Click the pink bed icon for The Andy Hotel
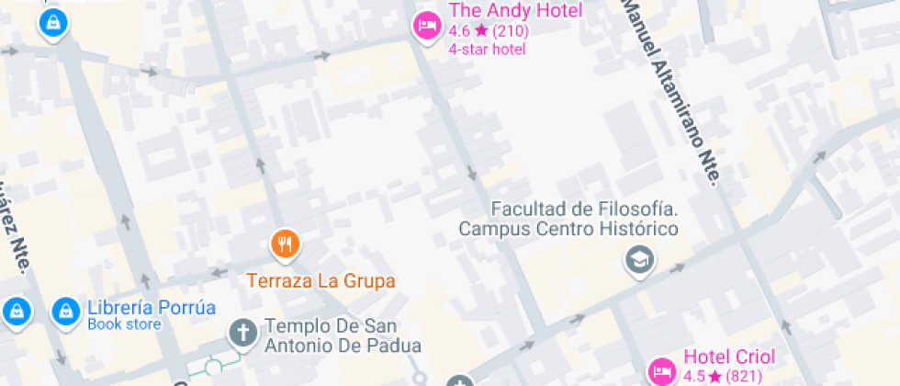point(425,26)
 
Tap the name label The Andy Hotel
point(515,11)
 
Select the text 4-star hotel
point(487,49)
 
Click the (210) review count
point(511,30)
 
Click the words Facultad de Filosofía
point(570,209)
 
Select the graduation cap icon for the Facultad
point(637,260)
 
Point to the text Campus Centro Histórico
point(568,229)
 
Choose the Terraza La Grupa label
point(321,279)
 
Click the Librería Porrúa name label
point(151,307)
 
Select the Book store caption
point(124,324)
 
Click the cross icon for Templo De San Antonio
point(242,333)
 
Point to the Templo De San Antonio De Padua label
point(343,336)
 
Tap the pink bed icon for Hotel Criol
point(661,370)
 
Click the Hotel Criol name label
point(729,358)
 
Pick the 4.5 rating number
point(693,377)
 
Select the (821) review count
point(745,377)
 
